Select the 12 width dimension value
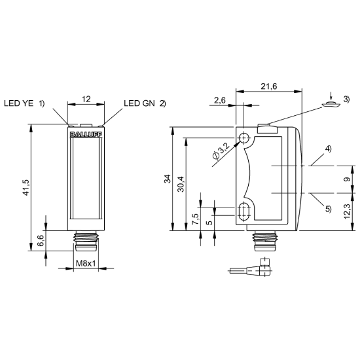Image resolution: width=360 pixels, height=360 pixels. [x=86, y=99]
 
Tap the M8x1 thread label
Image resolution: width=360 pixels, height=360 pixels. [x=86, y=263]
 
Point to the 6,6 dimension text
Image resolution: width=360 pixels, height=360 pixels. [x=41, y=241]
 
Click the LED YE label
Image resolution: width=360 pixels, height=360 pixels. [x=18, y=103]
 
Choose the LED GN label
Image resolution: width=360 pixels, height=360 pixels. [x=139, y=103]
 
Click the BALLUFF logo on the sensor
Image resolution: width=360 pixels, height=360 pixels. [x=86, y=135]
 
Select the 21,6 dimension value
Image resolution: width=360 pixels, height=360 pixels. [x=269, y=86]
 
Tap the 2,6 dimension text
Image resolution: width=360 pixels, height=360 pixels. [x=220, y=100]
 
